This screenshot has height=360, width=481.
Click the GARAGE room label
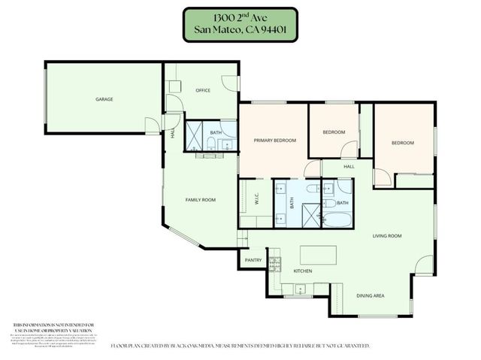[x=104, y=99]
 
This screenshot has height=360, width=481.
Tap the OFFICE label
[x=203, y=90]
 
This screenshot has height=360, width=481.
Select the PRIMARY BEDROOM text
[x=274, y=141]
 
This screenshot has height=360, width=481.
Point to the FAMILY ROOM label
[x=201, y=200]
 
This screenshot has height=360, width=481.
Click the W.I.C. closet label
[x=256, y=201]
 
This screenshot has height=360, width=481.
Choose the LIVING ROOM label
[x=387, y=236]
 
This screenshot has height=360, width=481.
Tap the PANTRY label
[x=252, y=260]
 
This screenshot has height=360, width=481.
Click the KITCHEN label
[x=302, y=271]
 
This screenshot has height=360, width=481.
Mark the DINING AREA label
[x=370, y=296]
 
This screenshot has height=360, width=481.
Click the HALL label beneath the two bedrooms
[x=349, y=167]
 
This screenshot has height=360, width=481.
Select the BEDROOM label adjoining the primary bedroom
[x=334, y=132]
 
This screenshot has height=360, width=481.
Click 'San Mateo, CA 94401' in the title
[x=240, y=31]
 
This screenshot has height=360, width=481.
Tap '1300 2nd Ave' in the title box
[x=240, y=17]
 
